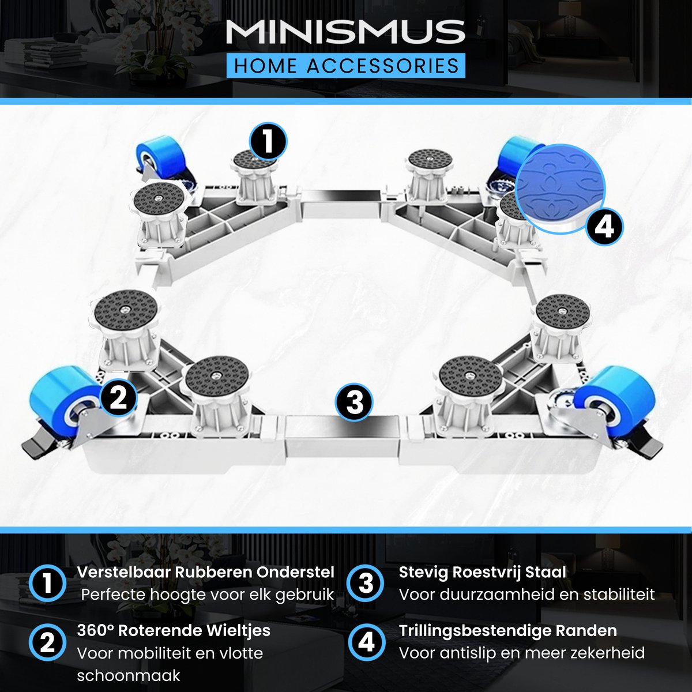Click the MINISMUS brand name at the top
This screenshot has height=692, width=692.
pyautogui.click(x=345, y=33)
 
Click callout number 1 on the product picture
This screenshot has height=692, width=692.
pyautogui.click(x=268, y=141)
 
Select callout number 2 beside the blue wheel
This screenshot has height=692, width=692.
pyautogui.click(x=119, y=397)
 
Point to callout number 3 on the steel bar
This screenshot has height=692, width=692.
pyautogui.click(x=354, y=402)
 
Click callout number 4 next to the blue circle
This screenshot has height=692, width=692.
pyautogui.click(x=604, y=227)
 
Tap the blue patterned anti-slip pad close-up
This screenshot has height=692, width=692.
pyautogui.click(x=560, y=189)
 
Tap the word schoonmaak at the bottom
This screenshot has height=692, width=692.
pyautogui.click(x=129, y=676)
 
